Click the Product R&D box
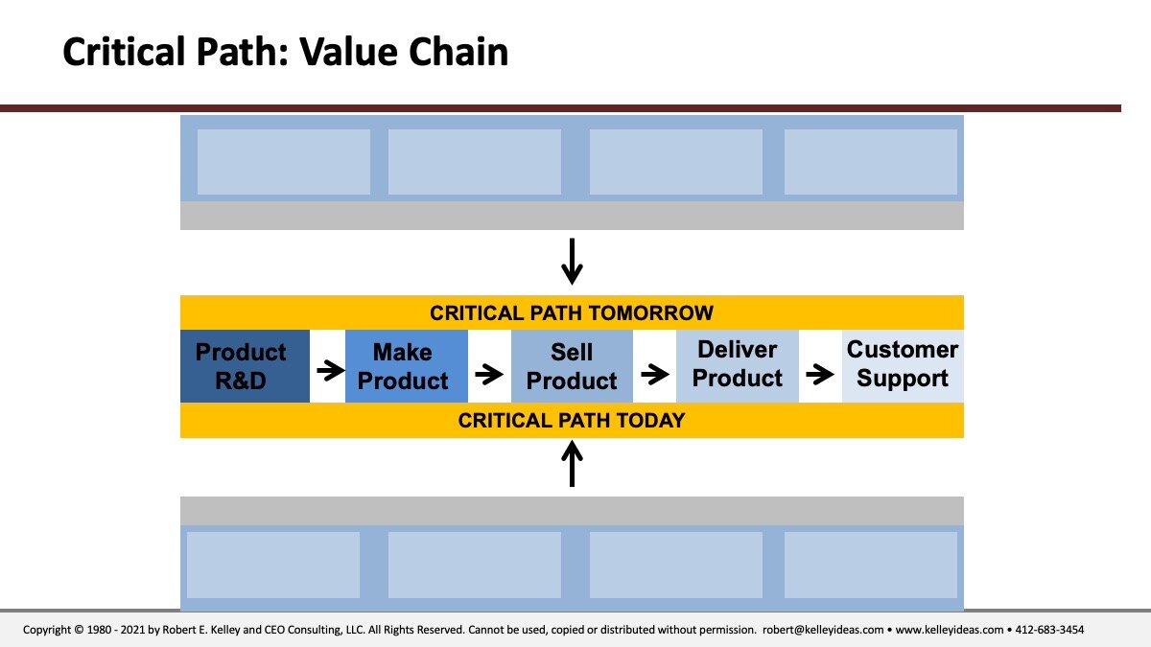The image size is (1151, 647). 245,366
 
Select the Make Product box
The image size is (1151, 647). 407,366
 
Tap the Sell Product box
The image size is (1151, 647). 572,366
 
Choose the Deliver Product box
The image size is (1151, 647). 738,366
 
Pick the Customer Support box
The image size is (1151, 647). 903,366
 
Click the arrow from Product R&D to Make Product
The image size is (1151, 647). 330,370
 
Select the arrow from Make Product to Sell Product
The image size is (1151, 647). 489,374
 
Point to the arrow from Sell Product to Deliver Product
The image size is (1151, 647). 654,374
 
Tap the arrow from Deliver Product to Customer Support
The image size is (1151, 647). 820,374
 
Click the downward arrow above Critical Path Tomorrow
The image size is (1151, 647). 572,262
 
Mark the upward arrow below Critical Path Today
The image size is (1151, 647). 572,464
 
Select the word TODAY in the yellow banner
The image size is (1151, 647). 651,421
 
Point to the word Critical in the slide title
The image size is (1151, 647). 124,52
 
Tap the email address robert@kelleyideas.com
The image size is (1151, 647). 823,630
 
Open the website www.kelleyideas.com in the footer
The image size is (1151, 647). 950,630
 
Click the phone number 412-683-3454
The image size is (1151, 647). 1049,630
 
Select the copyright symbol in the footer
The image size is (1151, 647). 79,630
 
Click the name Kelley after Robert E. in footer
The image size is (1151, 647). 225,630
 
